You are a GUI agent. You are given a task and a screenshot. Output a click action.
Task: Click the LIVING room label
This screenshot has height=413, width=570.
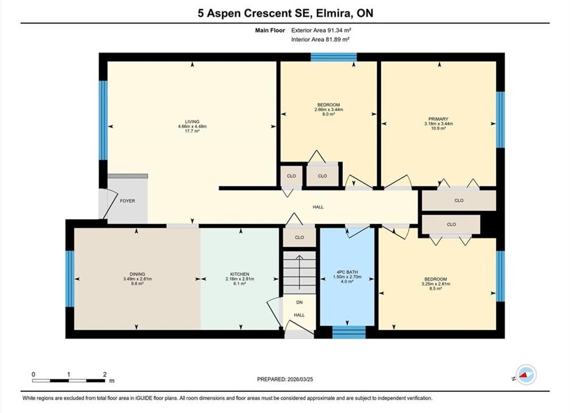[x=192, y=122]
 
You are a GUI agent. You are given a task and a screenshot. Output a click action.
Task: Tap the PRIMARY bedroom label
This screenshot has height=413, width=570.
[x=438, y=119]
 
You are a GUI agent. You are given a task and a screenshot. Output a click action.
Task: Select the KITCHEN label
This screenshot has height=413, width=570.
[x=239, y=274]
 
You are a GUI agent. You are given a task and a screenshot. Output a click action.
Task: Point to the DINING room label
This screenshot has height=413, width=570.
[x=137, y=274]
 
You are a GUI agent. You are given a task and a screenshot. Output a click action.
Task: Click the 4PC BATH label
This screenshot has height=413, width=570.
[x=347, y=272]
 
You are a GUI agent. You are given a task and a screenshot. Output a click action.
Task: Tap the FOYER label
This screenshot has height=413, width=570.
[x=127, y=201]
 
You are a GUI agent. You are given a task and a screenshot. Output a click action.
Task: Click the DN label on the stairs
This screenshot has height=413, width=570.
[x=299, y=302]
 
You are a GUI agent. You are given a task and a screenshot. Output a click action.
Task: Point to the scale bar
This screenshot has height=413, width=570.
[x=68, y=381]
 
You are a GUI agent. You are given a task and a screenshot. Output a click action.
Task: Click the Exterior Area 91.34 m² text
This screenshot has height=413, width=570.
[x=321, y=30]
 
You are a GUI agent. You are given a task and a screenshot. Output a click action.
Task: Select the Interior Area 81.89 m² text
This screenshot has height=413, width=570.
[x=320, y=40]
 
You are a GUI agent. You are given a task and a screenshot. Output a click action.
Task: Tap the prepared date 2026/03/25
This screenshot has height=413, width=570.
[x=300, y=379]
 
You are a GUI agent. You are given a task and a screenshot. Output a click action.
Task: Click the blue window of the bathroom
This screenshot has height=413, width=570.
[x=348, y=332]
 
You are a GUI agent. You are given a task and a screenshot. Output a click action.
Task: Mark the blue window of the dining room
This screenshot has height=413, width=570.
[x=70, y=279]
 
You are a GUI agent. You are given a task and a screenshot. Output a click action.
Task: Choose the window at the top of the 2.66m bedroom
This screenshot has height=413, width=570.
[x=334, y=57]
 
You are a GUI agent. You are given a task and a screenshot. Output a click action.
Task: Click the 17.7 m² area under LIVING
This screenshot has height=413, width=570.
[x=192, y=131]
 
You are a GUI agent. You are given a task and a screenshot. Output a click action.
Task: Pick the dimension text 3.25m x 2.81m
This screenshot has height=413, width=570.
[x=436, y=284]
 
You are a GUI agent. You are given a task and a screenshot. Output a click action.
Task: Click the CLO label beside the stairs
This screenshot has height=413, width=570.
[x=299, y=237]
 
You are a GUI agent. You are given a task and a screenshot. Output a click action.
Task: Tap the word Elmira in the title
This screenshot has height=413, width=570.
[x=334, y=13]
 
